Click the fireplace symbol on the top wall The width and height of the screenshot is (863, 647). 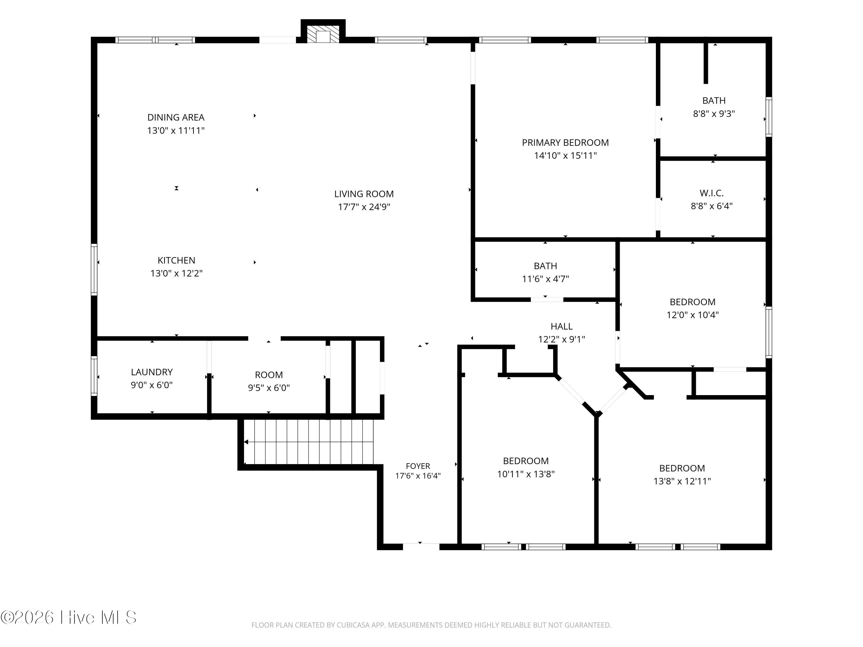pos(323,34)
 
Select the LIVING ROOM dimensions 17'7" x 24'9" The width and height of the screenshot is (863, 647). pos(364,207)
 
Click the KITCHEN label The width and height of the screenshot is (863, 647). pos(176,260)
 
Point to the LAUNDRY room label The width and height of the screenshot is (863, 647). pos(152,372)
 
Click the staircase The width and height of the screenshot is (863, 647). pos(308,442)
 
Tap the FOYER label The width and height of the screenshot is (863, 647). pos(418,466)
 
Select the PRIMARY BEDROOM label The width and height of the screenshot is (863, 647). pos(565,143)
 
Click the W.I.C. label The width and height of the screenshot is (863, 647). pos(712,193)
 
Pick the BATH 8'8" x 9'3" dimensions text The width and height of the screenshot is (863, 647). pos(714,114)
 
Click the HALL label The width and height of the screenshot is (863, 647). pos(562,326)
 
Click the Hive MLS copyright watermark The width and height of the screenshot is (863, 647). pos(69,617)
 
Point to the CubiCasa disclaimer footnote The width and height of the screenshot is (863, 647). pos(431,625)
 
